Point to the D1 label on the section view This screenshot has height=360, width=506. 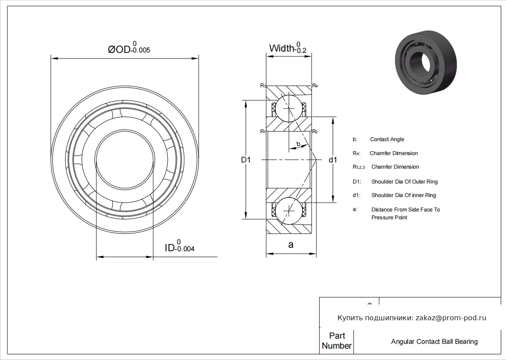[246, 160]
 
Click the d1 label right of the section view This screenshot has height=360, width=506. [333, 160]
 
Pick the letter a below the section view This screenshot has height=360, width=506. [291, 245]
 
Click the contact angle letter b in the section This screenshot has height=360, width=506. [298, 144]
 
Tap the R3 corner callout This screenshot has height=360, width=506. [263, 86]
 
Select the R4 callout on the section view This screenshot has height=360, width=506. [315, 86]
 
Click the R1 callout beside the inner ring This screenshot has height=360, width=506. [263, 132]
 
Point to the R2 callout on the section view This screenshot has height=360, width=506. [315, 132]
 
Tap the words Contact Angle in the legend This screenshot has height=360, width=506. [387, 139]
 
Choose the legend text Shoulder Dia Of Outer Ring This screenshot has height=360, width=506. [404, 181]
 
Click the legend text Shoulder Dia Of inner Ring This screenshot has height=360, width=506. [403, 195]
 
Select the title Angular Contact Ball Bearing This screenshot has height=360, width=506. [434, 342]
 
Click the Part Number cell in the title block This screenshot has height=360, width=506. [337, 341]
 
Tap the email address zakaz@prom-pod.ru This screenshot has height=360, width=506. [451, 318]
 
